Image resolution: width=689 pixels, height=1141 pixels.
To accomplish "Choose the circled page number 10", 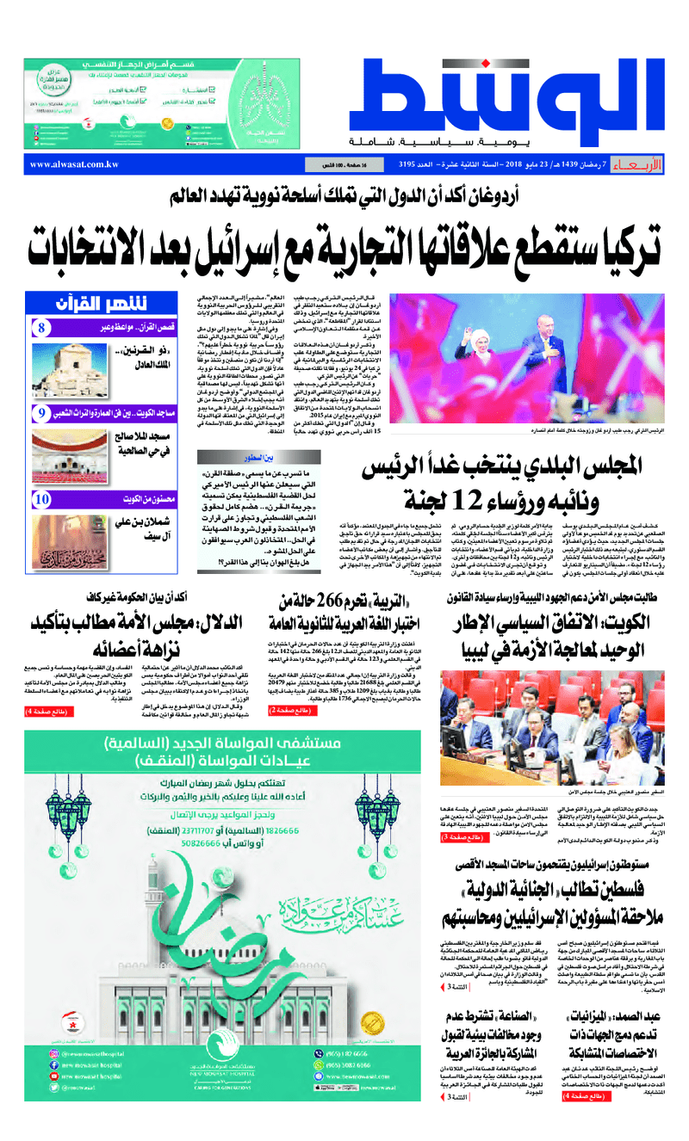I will pyautogui.click(x=42, y=499).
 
